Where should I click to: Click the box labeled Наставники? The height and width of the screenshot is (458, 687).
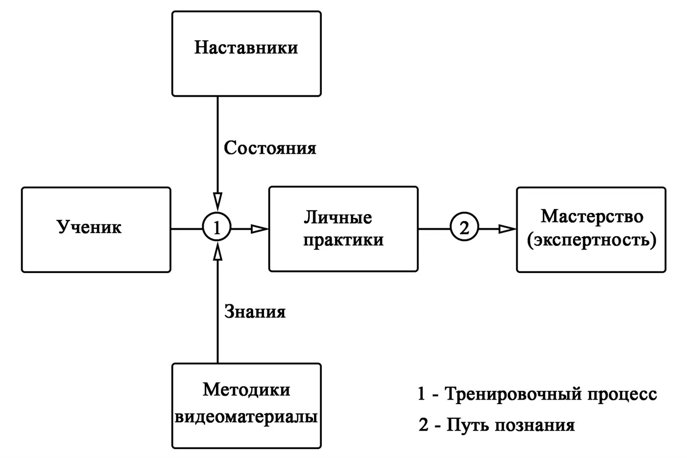click(x=246, y=54)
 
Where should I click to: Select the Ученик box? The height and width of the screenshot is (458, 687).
click(x=96, y=229)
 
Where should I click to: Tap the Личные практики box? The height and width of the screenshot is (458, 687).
click(x=343, y=229)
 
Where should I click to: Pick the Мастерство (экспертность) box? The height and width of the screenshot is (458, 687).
click(x=591, y=229)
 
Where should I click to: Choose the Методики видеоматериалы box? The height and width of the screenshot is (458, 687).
click(x=246, y=405)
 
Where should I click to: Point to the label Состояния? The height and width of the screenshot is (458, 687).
click(x=270, y=148)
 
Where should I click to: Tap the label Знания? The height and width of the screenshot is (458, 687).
click(x=255, y=312)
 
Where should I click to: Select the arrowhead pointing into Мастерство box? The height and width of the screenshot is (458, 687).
click(x=507, y=229)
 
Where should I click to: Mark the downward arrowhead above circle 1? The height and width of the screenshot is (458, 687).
click(x=217, y=200)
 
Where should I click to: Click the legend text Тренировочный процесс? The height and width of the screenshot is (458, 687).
click(x=551, y=394)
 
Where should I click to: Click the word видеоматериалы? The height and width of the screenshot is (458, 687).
click(x=246, y=417)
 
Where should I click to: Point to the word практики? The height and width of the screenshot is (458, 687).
click(x=343, y=241)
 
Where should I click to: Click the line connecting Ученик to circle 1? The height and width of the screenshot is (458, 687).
click(x=186, y=229)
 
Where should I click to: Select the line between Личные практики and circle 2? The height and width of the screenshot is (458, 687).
click(x=434, y=229)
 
